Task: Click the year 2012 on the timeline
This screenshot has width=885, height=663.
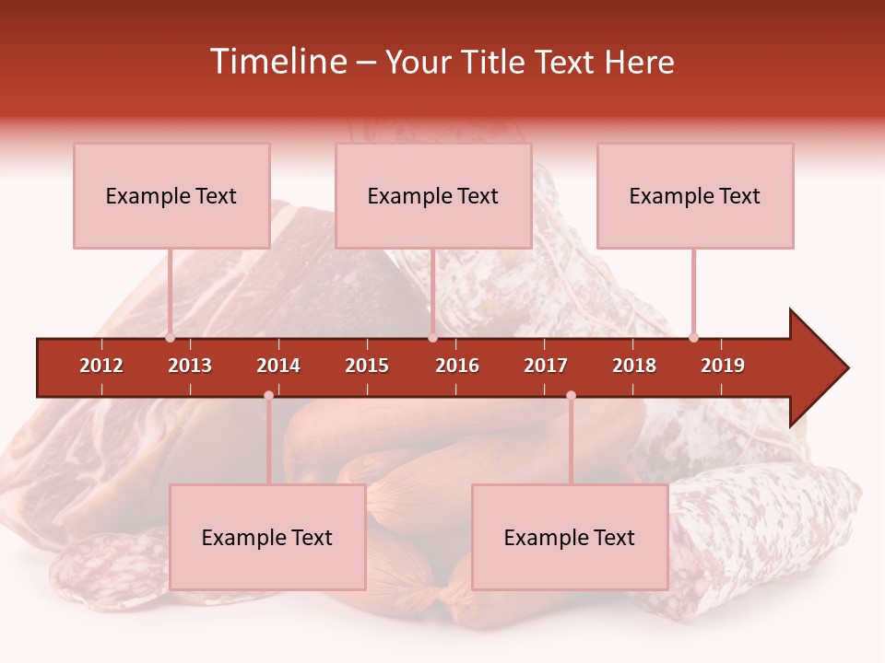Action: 101,366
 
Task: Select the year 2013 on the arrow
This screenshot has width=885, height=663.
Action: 190,366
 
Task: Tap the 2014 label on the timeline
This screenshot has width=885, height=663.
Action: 278,366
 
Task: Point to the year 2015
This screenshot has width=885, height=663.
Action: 367,366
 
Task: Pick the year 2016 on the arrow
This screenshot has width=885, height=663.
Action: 457,366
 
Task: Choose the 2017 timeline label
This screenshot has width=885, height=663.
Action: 546,366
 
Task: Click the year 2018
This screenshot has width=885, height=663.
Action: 634,366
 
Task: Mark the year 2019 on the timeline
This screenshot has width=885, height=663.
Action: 723,366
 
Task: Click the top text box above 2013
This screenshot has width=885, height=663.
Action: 171,195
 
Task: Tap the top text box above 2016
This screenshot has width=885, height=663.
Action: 433,195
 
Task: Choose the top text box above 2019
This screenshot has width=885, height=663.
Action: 695,195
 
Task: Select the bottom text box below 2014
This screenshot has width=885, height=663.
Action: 267,537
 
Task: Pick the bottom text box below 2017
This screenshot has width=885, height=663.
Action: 570,537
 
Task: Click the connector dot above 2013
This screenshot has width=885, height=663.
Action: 170,338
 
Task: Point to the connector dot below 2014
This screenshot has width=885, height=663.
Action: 268,395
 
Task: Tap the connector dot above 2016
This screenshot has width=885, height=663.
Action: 432,338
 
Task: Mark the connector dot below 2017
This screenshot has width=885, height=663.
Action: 571,395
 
